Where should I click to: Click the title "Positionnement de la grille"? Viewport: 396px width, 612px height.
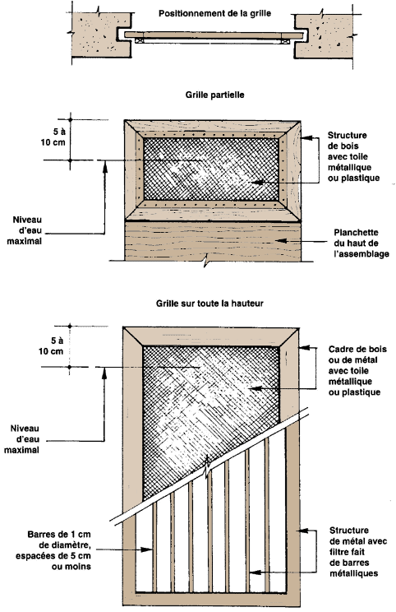click(x=214, y=13)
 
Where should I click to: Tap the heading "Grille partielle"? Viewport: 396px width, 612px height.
click(x=214, y=95)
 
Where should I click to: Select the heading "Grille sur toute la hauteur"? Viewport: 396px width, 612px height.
click(x=210, y=304)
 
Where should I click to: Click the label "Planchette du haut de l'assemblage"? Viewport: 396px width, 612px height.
click(x=361, y=243)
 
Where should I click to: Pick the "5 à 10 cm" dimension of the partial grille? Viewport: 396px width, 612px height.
click(x=53, y=137)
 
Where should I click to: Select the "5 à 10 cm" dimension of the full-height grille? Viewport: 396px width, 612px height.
click(x=51, y=345)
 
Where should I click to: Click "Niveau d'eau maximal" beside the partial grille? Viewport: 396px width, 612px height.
click(x=24, y=230)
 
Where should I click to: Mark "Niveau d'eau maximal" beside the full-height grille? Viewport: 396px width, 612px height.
click(x=22, y=439)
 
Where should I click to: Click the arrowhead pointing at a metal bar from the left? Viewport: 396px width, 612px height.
click(x=146, y=549)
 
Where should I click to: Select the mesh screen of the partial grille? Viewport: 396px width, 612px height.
click(x=212, y=169)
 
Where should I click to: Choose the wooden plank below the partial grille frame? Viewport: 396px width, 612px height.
click(x=213, y=242)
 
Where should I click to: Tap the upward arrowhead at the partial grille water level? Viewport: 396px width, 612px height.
click(x=104, y=167)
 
